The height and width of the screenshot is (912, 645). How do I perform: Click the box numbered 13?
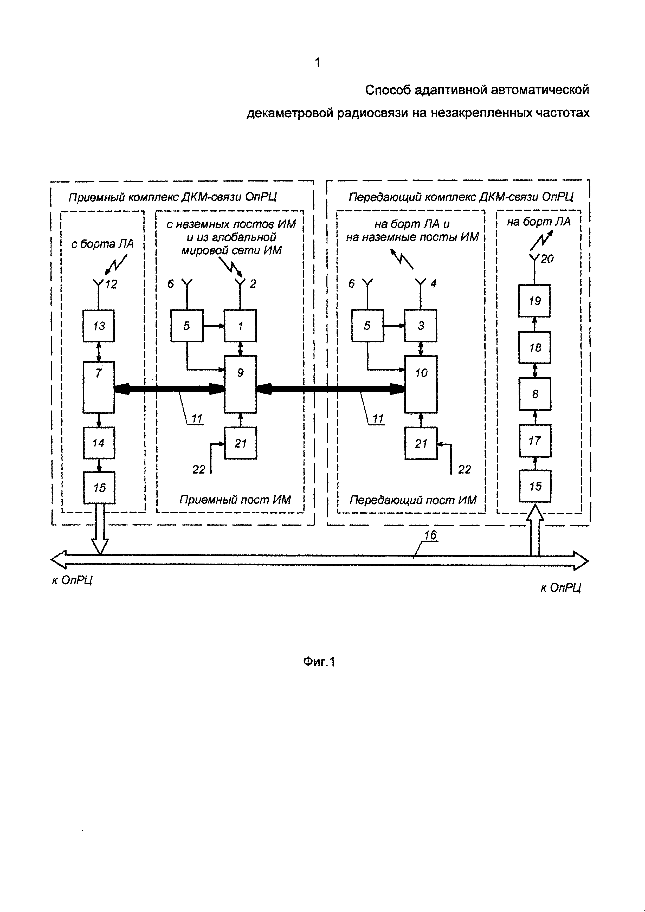click(x=99, y=326)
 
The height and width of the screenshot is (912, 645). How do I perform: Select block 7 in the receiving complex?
click(x=99, y=387)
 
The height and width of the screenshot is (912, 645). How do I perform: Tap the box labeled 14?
click(x=99, y=443)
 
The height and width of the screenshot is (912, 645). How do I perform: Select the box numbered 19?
click(x=534, y=301)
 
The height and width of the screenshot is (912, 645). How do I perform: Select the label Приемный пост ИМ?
click(x=235, y=499)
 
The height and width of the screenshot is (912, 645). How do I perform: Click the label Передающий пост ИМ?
click(x=413, y=500)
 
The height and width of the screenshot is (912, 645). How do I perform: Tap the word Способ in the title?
click(x=388, y=90)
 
